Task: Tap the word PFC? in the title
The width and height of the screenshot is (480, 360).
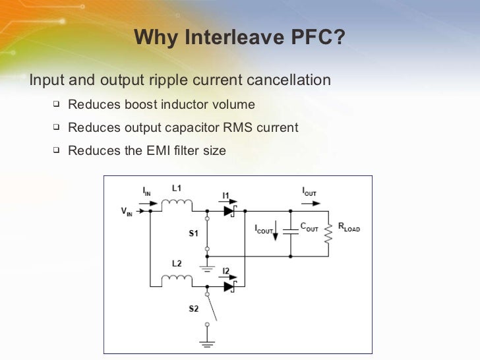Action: tap(318, 38)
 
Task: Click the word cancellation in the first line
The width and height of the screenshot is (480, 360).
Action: tap(289, 80)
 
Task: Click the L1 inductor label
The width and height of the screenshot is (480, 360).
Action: tap(177, 188)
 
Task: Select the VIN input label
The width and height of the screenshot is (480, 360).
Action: tap(126, 212)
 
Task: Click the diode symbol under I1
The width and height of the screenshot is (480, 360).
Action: tap(229, 211)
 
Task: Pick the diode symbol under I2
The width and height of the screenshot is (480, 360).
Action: tap(229, 286)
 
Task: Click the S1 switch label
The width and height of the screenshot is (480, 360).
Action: tap(193, 233)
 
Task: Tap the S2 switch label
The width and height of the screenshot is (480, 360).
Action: tap(193, 309)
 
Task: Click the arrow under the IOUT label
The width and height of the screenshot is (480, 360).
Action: tap(311, 203)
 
